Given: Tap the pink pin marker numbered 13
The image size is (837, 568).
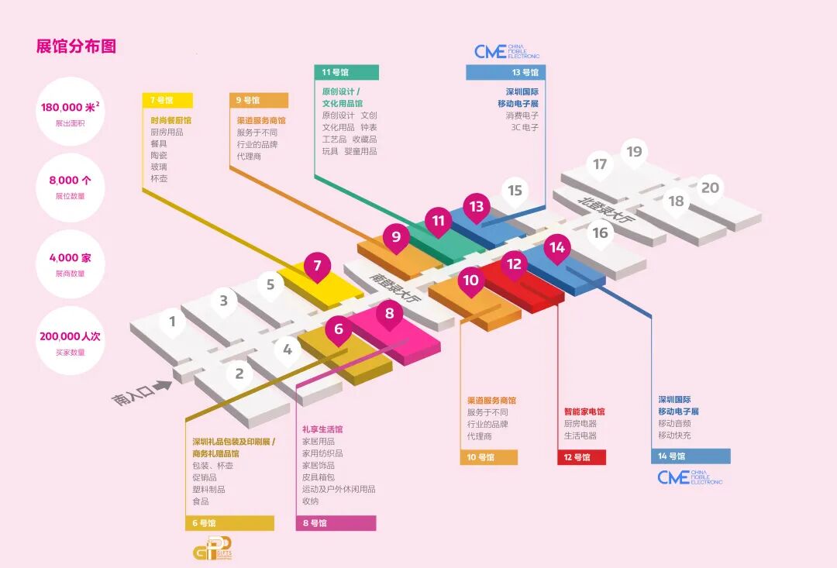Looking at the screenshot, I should pyautogui.click(x=476, y=207).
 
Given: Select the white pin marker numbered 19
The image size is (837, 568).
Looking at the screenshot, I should pyautogui.click(x=635, y=153).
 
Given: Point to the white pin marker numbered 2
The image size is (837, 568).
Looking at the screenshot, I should pyautogui.click(x=239, y=374).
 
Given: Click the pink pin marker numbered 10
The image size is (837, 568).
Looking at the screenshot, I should pyautogui.click(x=471, y=281).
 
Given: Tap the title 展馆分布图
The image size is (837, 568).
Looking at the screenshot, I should pyautogui.click(x=76, y=46).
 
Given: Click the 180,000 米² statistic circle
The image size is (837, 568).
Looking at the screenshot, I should pyautogui.click(x=70, y=112).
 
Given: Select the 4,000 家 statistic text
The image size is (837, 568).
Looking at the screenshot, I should pyautogui.click(x=70, y=258).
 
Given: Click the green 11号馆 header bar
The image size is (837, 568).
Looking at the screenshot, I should pyautogui.click(x=346, y=72).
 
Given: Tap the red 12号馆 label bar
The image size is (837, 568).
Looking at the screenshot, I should pyautogui.click(x=581, y=457).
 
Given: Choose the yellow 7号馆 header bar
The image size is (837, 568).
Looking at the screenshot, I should pyautogui.click(x=167, y=100).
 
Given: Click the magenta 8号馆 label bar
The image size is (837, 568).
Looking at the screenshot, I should pyautogui.click(x=336, y=523).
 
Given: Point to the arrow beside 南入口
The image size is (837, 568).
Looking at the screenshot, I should pyautogui.click(x=162, y=385).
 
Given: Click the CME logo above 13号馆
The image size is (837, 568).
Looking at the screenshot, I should pyautogui.click(x=506, y=52).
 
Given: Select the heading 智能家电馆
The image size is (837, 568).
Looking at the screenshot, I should pyautogui.click(x=584, y=411).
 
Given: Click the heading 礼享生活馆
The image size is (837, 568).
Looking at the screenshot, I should pyautogui.click(x=322, y=429).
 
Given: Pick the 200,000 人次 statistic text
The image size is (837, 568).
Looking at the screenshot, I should pyautogui.click(x=70, y=337).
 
